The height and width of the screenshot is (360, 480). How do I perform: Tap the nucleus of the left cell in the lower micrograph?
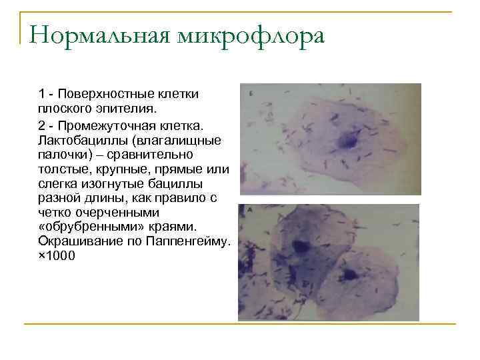click(301, 247)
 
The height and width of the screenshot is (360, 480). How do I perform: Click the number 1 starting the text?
click(41, 93)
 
